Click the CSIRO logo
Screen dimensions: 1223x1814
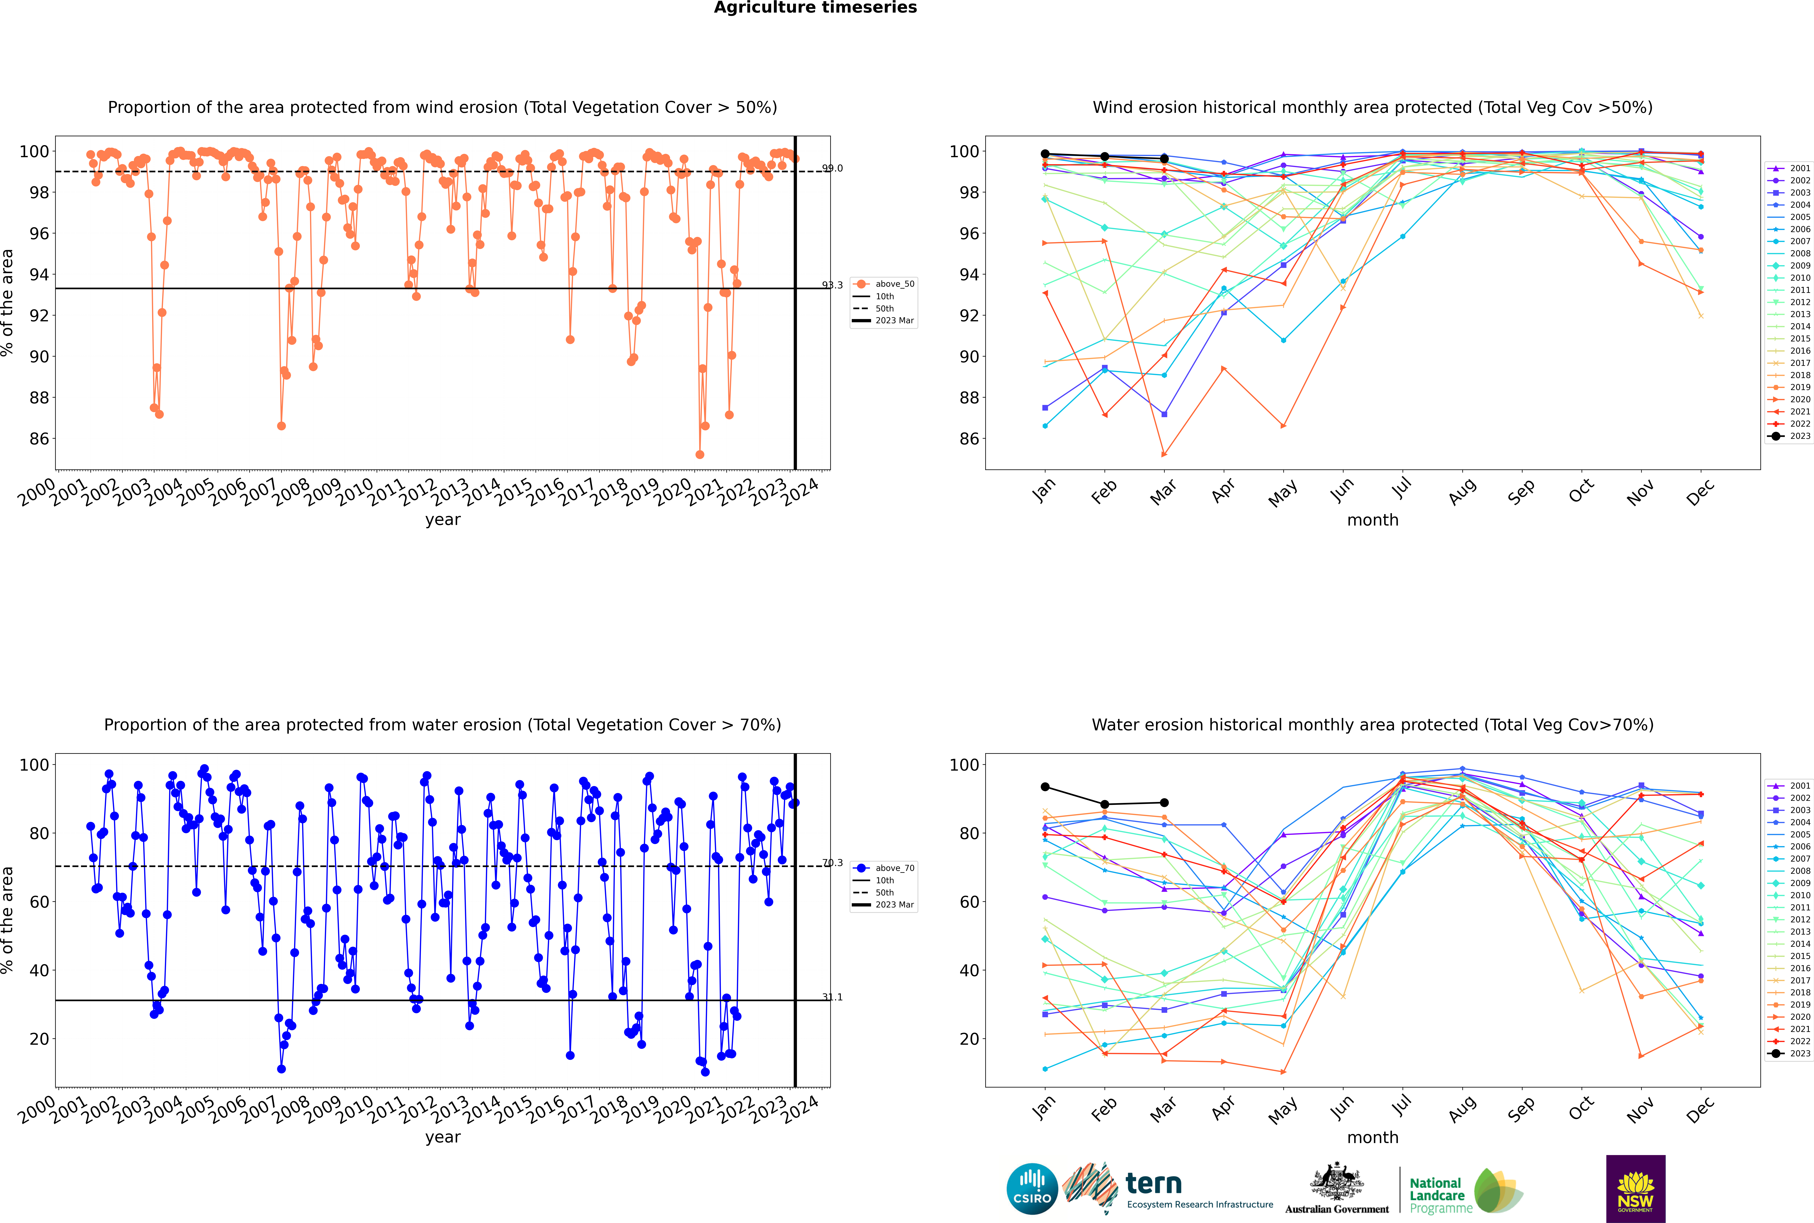(1032, 1189)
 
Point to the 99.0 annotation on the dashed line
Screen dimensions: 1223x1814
(832, 168)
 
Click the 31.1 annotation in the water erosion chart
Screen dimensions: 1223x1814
(832, 997)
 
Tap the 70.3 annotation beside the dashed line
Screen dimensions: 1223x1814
(832, 863)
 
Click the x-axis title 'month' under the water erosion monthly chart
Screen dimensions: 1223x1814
(1373, 1137)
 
